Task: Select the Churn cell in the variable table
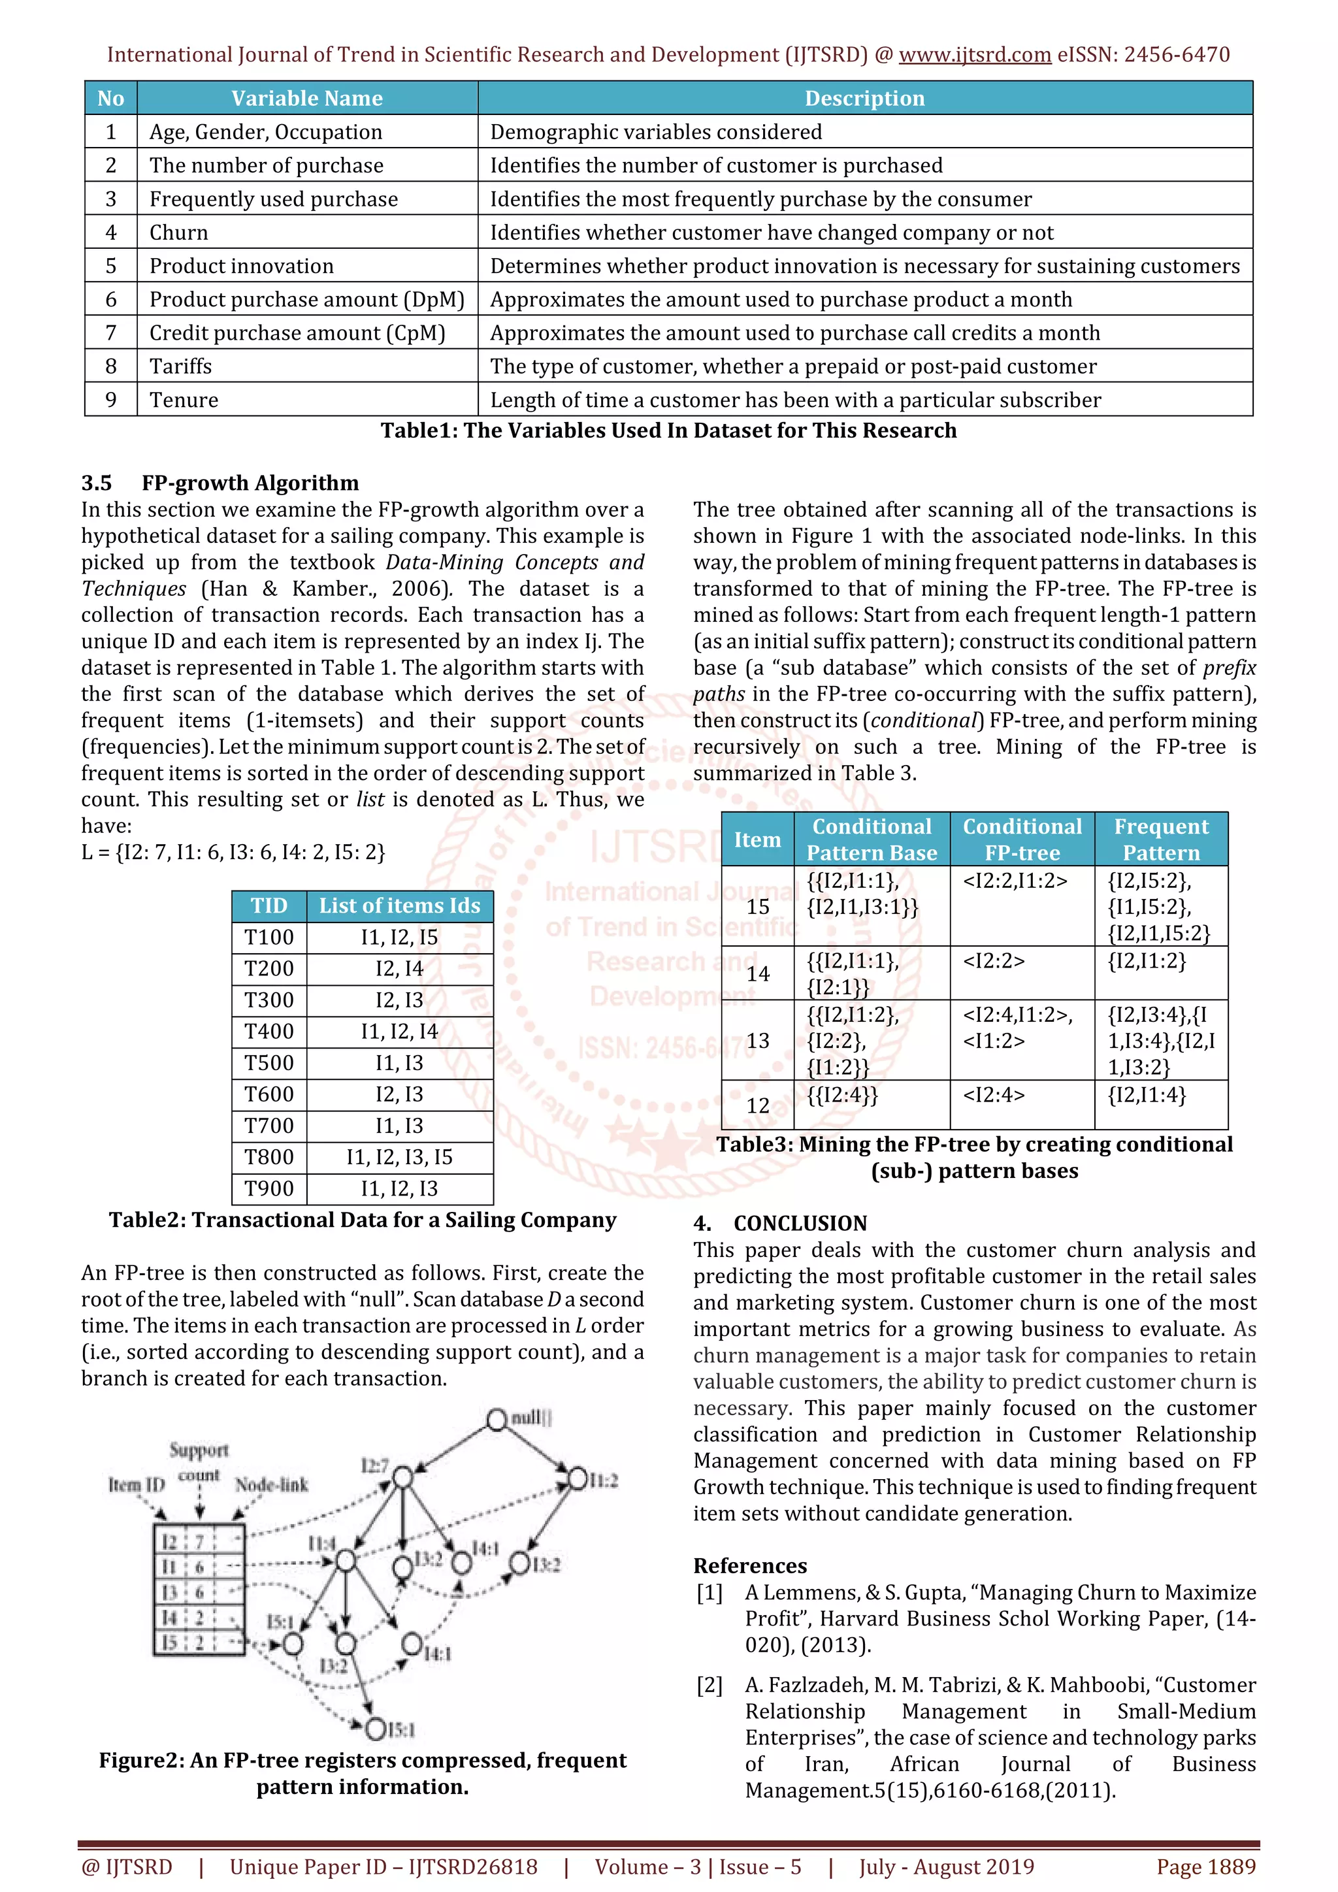point(179,233)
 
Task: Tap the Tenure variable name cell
point(184,400)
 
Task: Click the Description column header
point(864,98)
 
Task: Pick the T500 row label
point(269,1063)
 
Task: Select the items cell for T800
point(399,1157)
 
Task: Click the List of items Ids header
point(399,905)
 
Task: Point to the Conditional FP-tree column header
point(1022,839)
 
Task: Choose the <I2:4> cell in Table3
point(994,1095)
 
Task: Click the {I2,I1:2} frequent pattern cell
point(1146,961)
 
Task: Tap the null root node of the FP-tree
point(497,1420)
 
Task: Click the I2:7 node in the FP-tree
point(402,1476)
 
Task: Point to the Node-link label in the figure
point(271,1485)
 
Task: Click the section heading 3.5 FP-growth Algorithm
point(220,483)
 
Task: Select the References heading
point(750,1566)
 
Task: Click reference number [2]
point(710,1684)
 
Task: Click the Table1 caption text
point(668,431)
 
